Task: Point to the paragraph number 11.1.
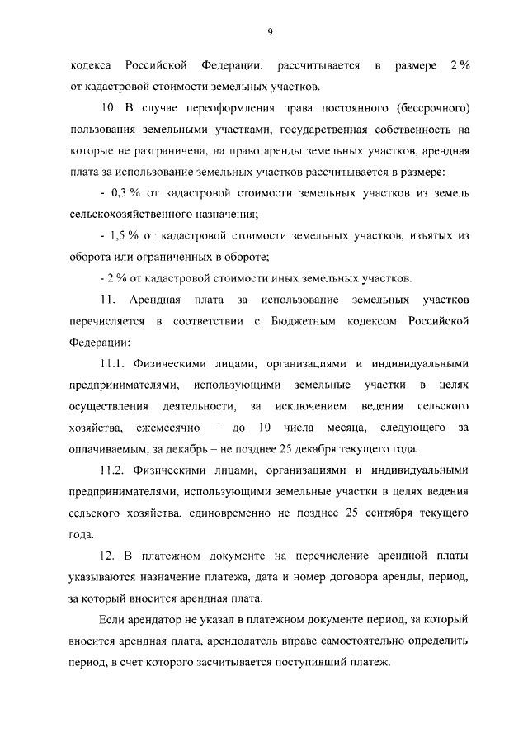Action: [115, 364]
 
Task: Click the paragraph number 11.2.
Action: [115, 471]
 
